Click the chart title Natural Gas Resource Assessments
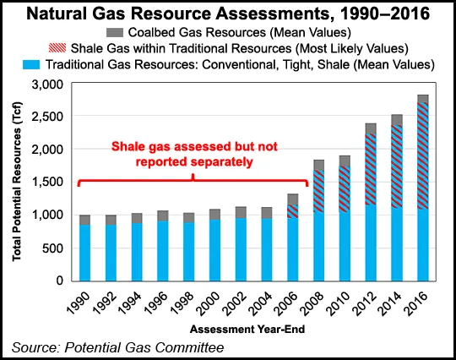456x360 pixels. (228, 13)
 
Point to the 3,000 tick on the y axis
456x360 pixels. (48, 85)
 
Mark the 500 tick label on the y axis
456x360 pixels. (53, 248)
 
